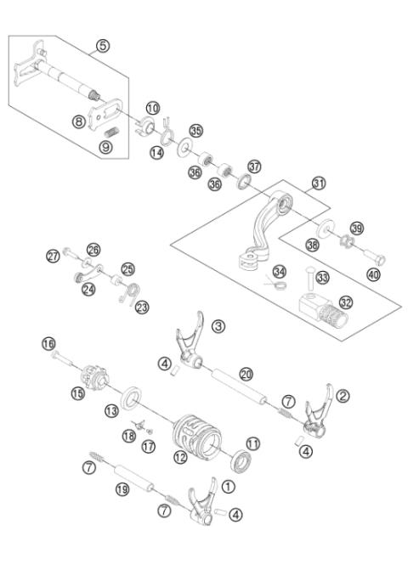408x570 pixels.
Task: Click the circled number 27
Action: [54, 255]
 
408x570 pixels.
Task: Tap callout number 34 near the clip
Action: [278, 271]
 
